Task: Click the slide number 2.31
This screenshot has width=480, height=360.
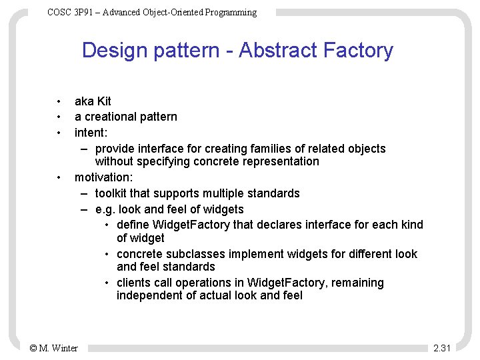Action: pos(442,347)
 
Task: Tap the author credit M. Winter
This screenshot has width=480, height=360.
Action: pos(59,347)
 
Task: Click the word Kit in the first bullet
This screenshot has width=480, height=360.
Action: pos(103,101)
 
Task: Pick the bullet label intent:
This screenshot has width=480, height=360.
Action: pos(91,132)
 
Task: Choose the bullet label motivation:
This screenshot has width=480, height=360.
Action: pos(103,177)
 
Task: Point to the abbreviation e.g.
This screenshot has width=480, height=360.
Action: pos(105,209)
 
